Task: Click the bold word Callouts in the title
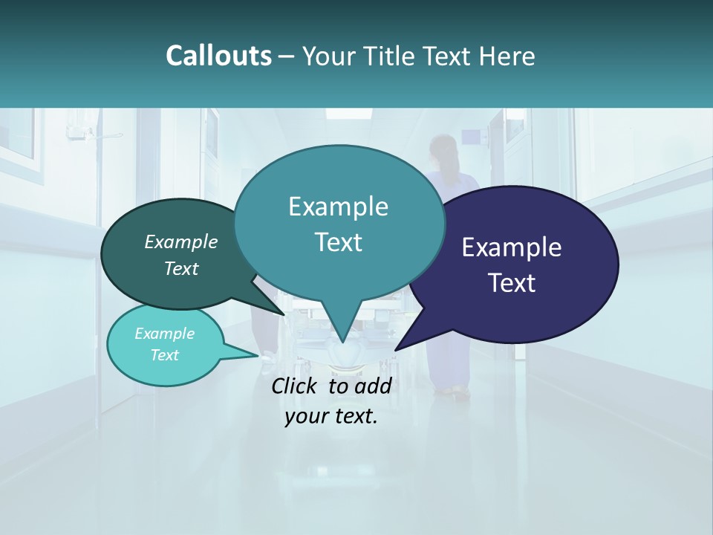(218, 56)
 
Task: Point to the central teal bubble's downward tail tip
(342, 343)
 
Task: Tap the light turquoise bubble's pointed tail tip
(259, 355)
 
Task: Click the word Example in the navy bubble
(512, 247)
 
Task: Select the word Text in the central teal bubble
(338, 242)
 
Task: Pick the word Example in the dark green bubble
(181, 241)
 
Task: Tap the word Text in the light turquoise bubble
(165, 355)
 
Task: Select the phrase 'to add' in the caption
(360, 386)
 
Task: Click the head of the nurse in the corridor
(443, 146)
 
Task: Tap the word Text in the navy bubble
(512, 283)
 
